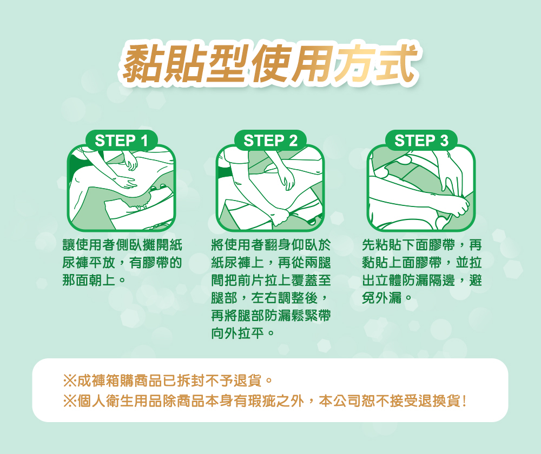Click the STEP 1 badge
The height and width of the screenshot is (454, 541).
click(x=122, y=141)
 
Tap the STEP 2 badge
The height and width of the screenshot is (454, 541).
click(x=271, y=141)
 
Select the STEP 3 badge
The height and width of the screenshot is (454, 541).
click(x=421, y=141)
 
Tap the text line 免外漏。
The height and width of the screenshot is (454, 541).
click(x=388, y=298)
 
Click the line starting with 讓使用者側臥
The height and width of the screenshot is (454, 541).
click(x=121, y=246)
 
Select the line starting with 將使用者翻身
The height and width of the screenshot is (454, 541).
click(x=271, y=246)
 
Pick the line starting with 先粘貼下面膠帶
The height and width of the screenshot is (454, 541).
click(x=421, y=246)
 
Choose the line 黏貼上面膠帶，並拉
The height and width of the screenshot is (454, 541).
click(x=421, y=263)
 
